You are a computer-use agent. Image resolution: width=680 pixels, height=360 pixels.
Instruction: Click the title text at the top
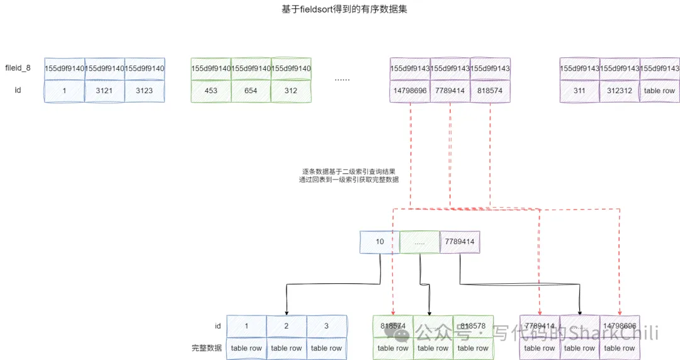[341, 10]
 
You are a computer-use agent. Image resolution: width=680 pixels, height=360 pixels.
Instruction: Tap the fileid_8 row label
[18, 67]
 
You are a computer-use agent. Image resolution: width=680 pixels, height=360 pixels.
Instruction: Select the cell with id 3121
[105, 91]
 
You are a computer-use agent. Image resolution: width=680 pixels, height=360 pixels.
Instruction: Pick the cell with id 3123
[144, 91]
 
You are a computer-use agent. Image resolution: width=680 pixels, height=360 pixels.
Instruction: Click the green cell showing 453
[211, 91]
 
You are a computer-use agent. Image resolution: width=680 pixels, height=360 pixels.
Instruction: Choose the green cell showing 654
[251, 91]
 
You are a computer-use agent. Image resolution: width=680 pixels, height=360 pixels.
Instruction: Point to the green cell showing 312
[291, 91]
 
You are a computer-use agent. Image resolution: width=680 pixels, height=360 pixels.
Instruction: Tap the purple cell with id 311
[579, 91]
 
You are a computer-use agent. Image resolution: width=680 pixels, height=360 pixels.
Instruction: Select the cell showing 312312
[620, 91]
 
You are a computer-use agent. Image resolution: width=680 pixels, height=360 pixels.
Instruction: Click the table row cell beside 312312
[659, 91]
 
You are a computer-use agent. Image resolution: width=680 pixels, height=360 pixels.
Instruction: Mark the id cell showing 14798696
[410, 91]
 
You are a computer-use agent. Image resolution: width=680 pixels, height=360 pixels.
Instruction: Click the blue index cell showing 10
[380, 241]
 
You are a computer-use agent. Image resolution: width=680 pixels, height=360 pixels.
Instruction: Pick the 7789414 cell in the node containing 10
[460, 241]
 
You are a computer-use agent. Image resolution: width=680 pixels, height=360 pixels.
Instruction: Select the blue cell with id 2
[286, 326]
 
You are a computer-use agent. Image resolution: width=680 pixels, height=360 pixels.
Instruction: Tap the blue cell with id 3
[326, 326]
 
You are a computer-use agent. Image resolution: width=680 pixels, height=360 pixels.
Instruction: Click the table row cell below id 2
[286, 348]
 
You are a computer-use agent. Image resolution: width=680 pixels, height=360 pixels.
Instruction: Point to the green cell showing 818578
[473, 326]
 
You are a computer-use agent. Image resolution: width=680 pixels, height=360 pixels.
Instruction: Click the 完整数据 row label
[207, 348]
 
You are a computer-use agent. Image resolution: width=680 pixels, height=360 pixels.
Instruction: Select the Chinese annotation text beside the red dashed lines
[349, 176]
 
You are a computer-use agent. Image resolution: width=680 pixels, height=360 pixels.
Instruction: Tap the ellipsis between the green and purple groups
[342, 79]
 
